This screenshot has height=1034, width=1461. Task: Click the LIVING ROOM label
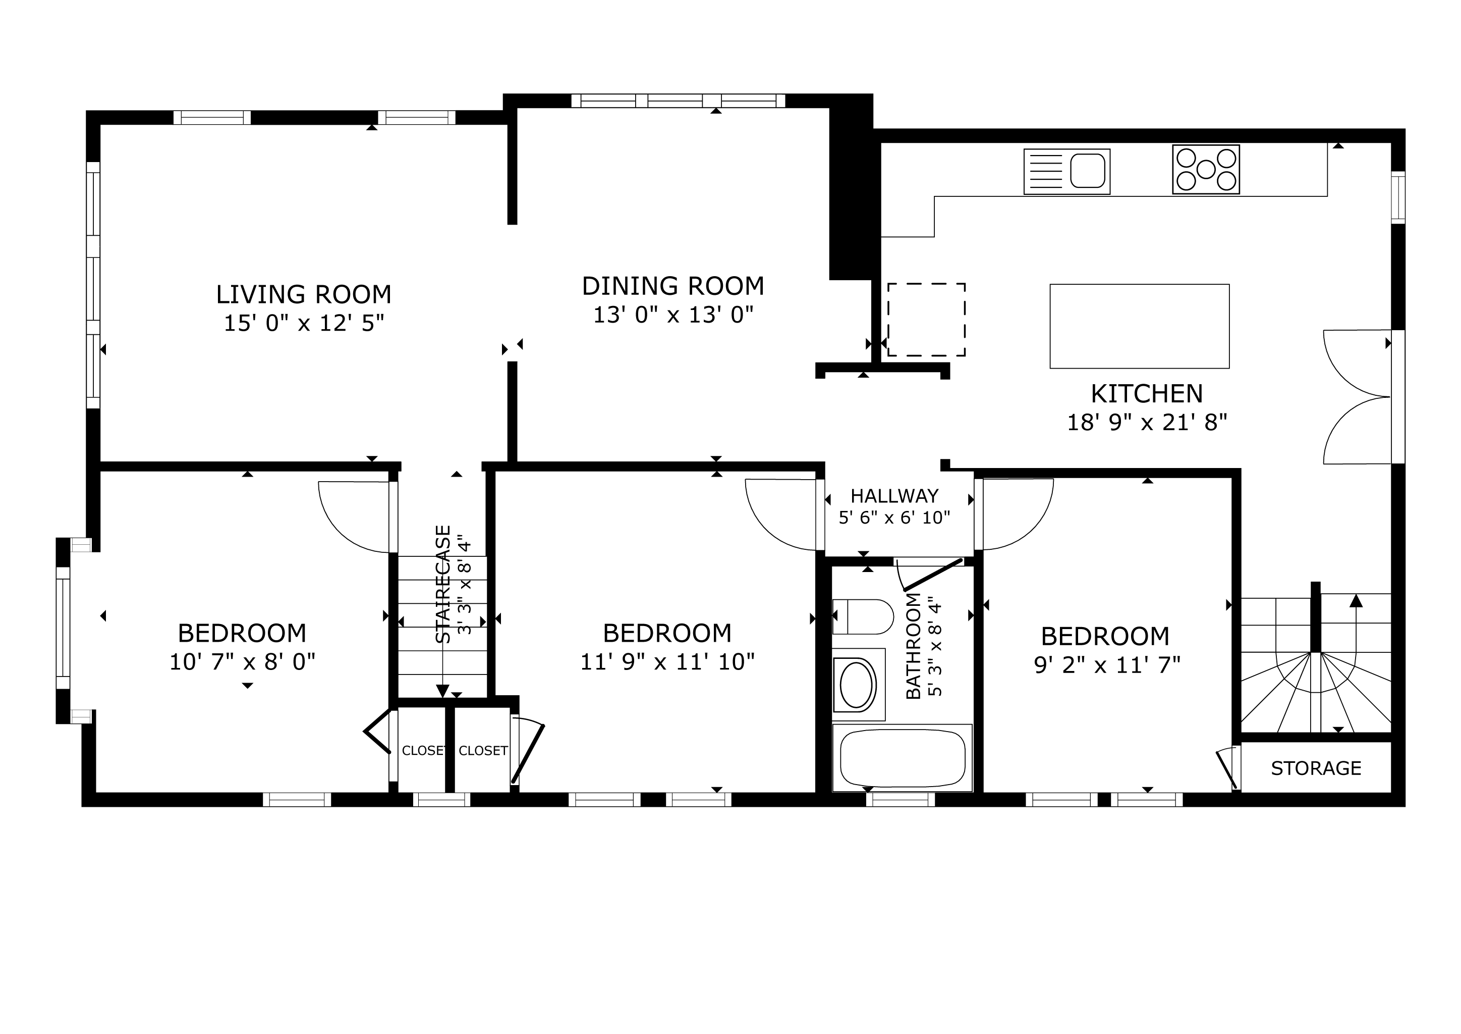pos(304,294)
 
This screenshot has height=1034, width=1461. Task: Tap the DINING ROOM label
pos(673,286)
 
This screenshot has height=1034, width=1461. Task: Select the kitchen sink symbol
pos(1067,171)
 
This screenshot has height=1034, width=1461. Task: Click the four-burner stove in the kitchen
pos(1206,169)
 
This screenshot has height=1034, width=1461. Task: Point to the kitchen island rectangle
pos(1140,326)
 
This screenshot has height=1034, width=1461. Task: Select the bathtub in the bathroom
pos(903,758)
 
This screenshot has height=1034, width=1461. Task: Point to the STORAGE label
pos(1316,768)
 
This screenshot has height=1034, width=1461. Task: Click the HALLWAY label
pos(894,496)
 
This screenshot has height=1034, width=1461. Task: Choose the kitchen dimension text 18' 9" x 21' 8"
pos(1147,422)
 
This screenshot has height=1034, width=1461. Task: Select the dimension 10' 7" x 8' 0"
pos(243,662)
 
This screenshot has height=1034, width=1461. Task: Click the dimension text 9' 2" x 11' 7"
pos(1107,665)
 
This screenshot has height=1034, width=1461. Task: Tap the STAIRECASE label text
pos(443,584)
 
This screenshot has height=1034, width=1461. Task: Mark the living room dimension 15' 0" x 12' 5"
pos(304,324)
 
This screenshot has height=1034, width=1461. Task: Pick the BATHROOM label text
pos(913,646)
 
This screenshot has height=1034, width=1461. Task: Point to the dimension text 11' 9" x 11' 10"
pos(667,662)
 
